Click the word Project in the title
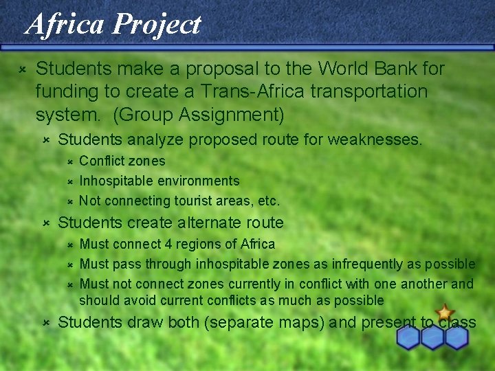[157, 24]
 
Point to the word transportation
[367, 91]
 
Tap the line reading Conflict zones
[122, 161]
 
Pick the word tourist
[186, 201]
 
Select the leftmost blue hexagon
[408, 337]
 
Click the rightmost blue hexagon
[456, 337]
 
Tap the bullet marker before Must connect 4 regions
[69, 245]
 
